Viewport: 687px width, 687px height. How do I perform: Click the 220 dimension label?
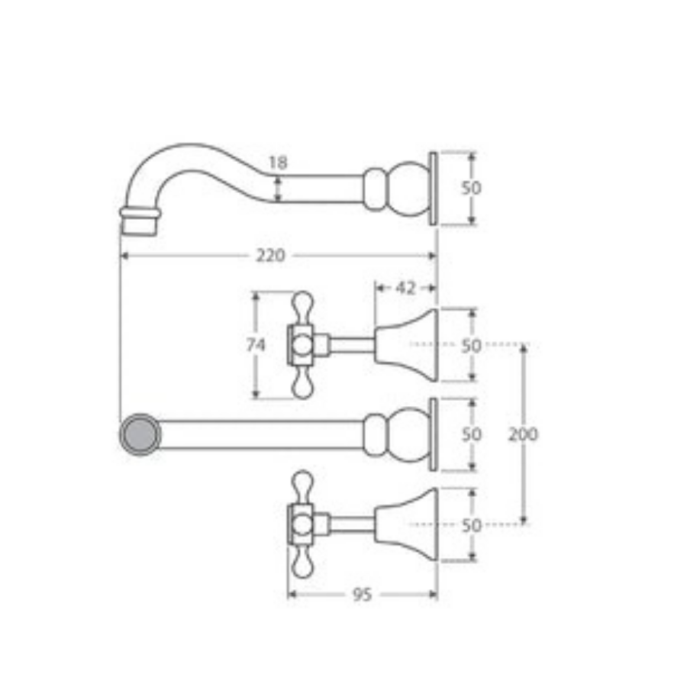270,255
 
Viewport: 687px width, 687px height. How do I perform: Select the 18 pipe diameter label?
278,163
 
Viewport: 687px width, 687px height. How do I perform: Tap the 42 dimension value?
405,288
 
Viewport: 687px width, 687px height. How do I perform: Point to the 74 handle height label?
256,345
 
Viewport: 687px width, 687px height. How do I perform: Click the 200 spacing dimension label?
523,434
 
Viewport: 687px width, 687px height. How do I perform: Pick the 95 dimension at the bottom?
362,595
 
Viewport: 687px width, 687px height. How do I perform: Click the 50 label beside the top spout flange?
472,188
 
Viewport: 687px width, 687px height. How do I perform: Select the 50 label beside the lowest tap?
472,525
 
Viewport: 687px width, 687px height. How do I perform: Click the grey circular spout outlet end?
140,434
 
